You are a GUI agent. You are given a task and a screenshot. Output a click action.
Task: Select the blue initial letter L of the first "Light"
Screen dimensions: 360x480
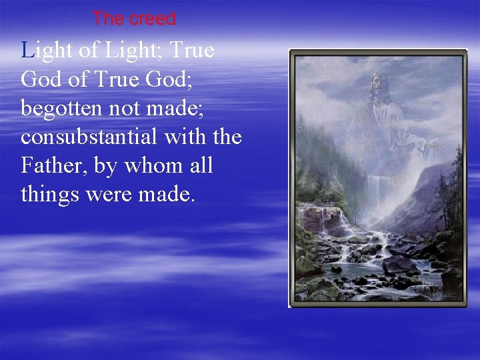coord(27,50)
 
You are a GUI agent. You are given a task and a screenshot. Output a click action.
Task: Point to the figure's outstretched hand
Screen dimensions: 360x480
coord(433,143)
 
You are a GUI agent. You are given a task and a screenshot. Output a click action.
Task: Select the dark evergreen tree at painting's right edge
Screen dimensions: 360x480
coord(457,173)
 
